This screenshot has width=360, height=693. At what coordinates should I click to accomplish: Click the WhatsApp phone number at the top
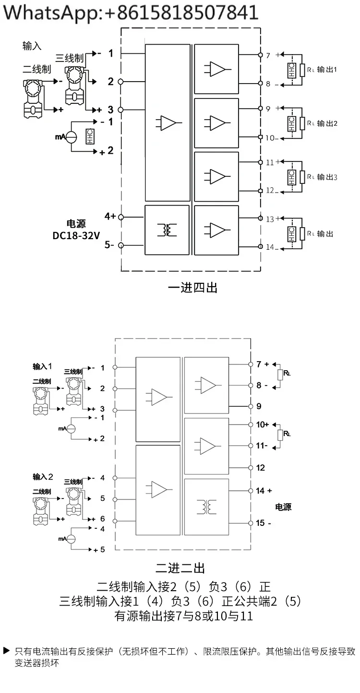click(182, 12)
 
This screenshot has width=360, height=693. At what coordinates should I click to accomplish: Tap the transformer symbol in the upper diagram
click(167, 230)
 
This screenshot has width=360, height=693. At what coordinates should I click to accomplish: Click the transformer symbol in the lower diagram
click(206, 507)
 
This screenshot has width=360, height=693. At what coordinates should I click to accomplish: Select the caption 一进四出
click(192, 288)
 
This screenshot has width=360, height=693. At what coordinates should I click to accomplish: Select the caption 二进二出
click(180, 568)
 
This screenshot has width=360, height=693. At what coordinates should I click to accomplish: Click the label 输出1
click(327, 70)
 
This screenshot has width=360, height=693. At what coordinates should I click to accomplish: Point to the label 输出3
click(327, 177)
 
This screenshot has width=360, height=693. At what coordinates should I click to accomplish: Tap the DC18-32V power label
click(76, 236)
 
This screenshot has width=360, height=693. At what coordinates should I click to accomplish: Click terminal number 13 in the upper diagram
click(270, 219)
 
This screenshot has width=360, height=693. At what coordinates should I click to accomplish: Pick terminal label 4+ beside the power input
click(110, 216)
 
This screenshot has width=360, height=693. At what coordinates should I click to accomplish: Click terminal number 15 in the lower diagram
click(260, 523)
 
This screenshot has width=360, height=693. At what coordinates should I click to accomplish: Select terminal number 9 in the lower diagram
click(259, 406)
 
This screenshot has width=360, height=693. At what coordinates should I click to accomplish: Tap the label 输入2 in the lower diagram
click(43, 477)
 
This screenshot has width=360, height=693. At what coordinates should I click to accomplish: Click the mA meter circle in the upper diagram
click(72, 137)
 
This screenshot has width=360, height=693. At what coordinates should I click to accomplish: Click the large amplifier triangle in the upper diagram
click(168, 123)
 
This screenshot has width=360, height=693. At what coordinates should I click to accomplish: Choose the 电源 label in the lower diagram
click(283, 507)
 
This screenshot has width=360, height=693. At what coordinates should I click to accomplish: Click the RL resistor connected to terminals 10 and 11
click(280, 435)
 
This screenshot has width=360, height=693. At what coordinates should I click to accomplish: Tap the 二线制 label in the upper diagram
click(37, 69)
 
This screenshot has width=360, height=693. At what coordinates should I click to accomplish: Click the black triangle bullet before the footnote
click(7, 650)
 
